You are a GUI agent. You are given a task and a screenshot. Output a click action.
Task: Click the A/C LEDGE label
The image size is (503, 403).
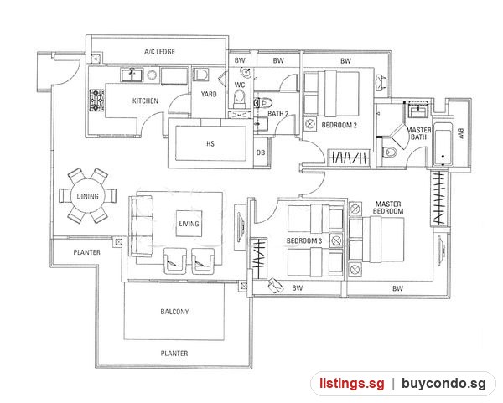pos(159,52)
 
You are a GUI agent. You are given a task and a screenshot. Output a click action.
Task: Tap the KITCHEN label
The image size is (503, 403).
pos(145,101)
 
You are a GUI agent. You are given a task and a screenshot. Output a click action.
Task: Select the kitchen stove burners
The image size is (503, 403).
pos(96,101)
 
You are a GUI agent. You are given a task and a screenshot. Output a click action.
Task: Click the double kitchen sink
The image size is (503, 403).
pos(132,75)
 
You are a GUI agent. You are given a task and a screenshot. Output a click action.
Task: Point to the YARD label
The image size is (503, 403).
pos(209,95)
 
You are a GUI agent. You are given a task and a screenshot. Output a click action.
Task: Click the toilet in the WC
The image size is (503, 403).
pos(239,98)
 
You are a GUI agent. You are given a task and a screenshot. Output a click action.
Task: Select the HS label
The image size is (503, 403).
pos(210,143)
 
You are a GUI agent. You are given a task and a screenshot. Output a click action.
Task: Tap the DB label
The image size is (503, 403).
pos(261,152)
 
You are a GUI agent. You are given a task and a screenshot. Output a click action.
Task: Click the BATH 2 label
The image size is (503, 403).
pos(277,113)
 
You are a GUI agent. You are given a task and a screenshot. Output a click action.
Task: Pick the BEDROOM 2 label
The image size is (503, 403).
pos(339,125)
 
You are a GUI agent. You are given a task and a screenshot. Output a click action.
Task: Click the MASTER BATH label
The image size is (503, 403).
pos(418,133)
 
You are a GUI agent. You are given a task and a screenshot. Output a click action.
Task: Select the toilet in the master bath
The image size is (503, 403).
pos(390,152)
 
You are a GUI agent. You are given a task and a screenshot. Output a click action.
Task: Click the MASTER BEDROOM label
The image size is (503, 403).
pos(388,208)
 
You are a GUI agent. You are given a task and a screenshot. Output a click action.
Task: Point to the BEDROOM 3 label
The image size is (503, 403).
pos(304,240)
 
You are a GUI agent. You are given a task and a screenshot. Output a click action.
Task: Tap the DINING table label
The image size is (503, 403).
pos(87,196)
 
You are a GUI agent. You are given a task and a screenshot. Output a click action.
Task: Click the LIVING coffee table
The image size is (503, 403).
pos(189,224)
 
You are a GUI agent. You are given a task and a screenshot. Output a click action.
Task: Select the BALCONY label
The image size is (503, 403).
pos(174,312)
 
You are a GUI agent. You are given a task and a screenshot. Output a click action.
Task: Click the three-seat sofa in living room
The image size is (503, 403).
pos(141,226)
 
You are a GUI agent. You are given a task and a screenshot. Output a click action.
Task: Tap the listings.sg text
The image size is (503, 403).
pos(351,384)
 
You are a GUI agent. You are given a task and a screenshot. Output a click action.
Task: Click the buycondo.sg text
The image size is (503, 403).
pos(443,384)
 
